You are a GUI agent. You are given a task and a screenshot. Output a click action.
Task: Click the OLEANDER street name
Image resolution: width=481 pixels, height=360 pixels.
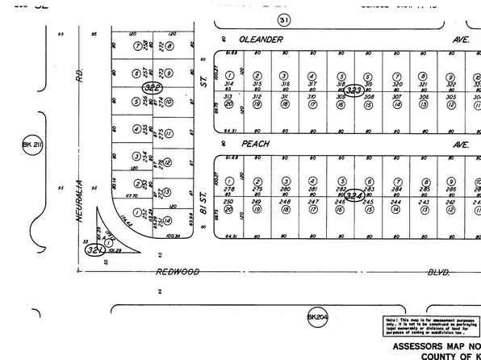[x=257, y=38]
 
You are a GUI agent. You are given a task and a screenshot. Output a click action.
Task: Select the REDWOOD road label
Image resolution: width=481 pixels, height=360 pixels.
[x=178, y=272]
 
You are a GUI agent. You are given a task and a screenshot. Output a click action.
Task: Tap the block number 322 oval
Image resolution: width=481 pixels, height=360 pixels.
[x=153, y=87]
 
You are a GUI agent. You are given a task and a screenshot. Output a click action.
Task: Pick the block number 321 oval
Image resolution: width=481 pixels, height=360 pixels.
[x=93, y=249]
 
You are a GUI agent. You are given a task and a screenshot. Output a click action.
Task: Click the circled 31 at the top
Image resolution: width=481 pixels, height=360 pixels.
[x=282, y=20]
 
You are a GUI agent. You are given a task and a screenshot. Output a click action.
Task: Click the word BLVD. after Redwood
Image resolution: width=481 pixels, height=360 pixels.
[x=437, y=273]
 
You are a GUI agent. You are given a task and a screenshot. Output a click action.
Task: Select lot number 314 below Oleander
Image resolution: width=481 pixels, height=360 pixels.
[x=230, y=84]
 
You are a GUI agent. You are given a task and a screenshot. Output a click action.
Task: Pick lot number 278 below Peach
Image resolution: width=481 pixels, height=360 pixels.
[x=230, y=188]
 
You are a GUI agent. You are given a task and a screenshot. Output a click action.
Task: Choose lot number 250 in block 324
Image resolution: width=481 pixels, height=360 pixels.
[x=230, y=202]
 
